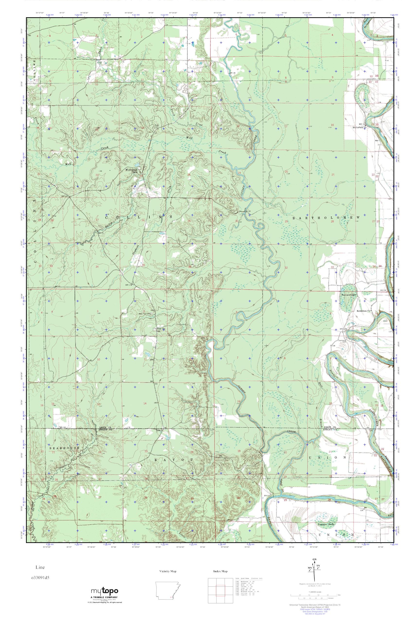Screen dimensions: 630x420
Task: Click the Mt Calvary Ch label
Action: click(x=359, y=128)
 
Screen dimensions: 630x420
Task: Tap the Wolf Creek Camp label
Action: click(x=131, y=171)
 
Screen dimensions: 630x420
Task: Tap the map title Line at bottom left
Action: click(x=39, y=567)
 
